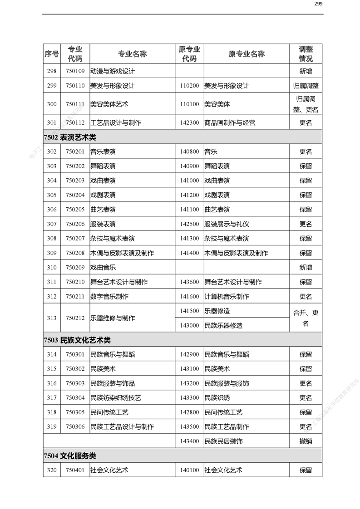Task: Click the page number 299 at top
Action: click(x=318, y=4)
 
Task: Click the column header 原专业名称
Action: click(x=246, y=54)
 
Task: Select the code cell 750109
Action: click(x=75, y=71)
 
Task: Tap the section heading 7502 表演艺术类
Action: click(x=70, y=137)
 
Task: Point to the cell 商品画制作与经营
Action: click(x=229, y=122)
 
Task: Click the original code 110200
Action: click(x=189, y=86)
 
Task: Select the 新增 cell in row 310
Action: click(x=306, y=268)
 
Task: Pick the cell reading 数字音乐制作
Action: click(x=109, y=297)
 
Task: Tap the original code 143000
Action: click(x=189, y=325)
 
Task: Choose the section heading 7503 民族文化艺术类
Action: click(x=77, y=340)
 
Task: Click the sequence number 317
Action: click(x=52, y=398)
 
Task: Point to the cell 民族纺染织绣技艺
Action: click(x=116, y=398)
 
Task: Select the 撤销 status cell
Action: click(x=306, y=441)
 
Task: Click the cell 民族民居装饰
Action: click(x=223, y=441)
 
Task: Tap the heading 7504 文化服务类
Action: click(x=70, y=455)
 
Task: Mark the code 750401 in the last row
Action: click(x=75, y=470)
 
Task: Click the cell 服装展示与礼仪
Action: click(x=227, y=224)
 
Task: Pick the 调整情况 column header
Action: click(x=306, y=54)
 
